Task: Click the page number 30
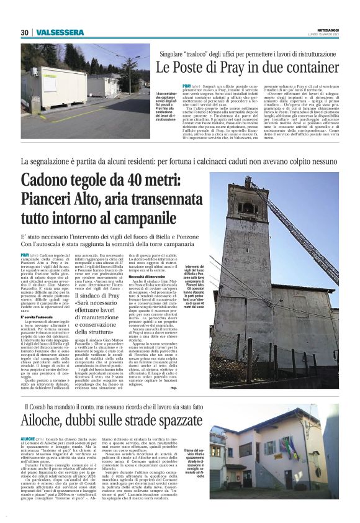[x=25, y=32]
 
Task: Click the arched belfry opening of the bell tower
[x=246, y=209]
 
